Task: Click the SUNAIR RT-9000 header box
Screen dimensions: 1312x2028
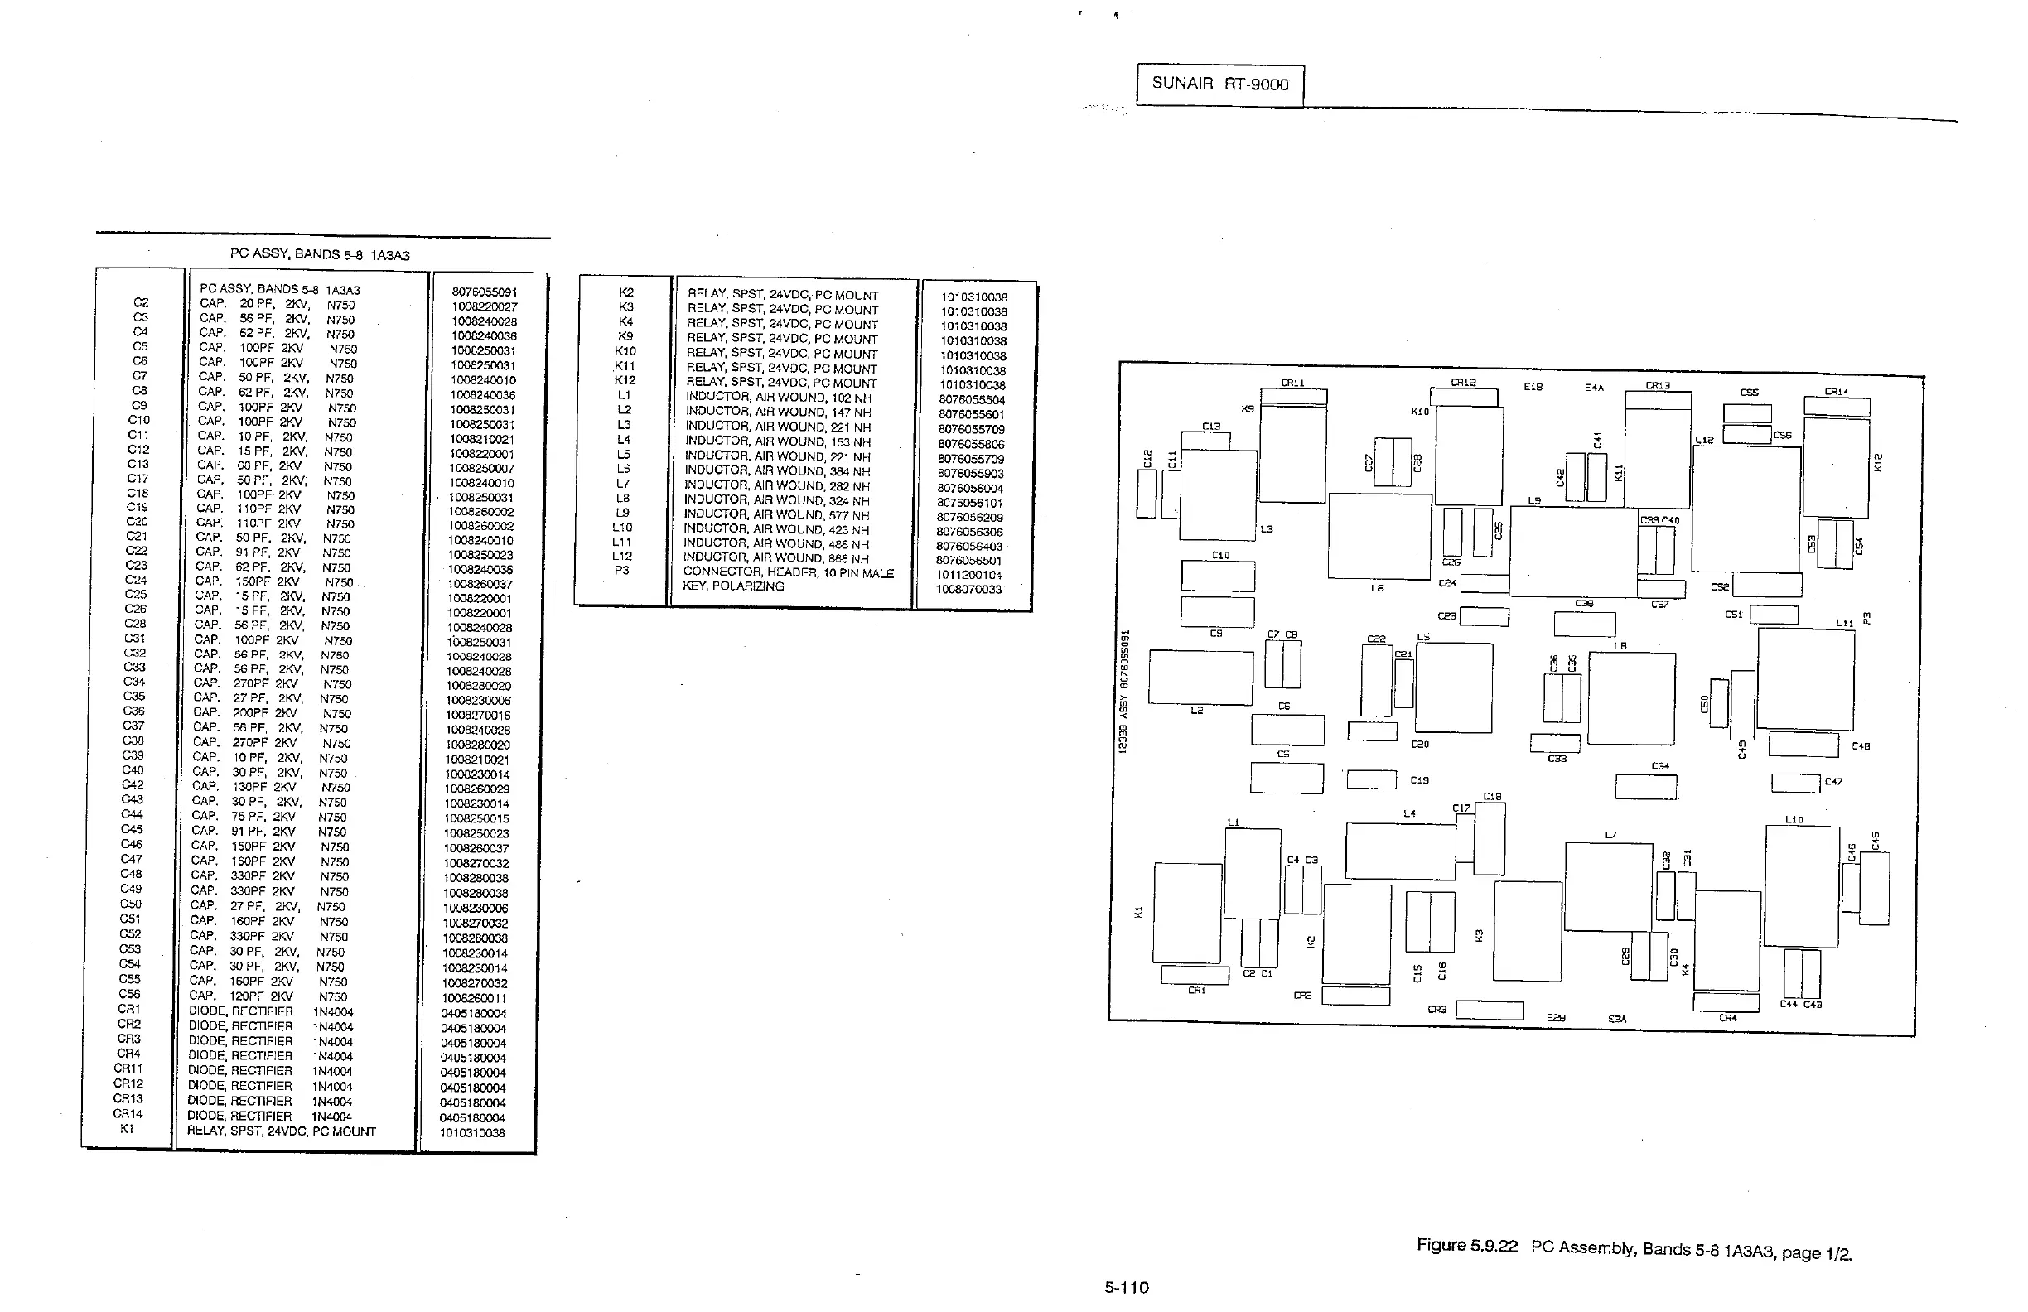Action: click(1219, 84)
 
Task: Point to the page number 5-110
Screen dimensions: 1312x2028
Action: click(1127, 1287)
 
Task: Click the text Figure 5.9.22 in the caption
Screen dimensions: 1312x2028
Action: click(1466, 1246)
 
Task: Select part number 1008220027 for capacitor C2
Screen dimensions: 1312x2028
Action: click(484, 306)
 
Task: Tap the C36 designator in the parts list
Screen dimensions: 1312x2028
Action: click(133, 711)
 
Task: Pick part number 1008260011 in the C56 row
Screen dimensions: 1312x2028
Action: click(474, 997)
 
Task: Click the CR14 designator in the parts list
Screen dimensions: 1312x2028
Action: click(128, 1113)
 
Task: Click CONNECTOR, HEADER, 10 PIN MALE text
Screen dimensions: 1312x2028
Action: click(788, 572)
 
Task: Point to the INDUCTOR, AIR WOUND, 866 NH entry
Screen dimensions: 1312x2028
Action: click(777, 558)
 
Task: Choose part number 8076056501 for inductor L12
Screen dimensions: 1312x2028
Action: click(968, 561)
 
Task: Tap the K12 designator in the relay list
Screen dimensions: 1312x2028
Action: click(625, 380)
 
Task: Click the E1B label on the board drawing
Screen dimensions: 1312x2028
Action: click(1532, 387)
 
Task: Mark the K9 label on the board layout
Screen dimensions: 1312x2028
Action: click(1248, 409)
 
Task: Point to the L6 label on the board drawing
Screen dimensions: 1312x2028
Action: click(1377, 588)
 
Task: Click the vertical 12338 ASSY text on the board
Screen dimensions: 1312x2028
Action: click(1124, 691)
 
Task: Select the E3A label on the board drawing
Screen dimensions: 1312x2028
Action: click(1616, 1019)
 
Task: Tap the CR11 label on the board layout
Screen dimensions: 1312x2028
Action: click(1292, 383)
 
